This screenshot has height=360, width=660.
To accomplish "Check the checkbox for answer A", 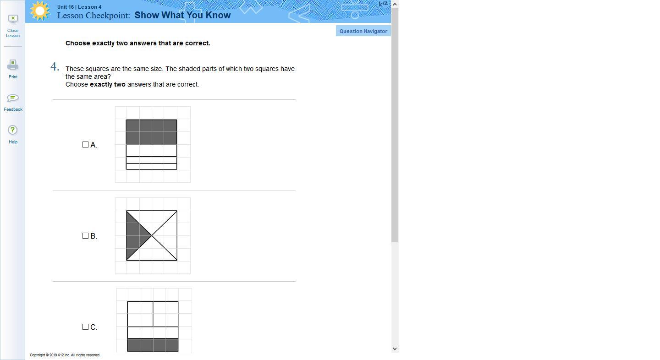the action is pyautogui.click(x=85, y=145).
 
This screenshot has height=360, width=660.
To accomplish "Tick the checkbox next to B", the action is pyautogui.click(x=85, y=235).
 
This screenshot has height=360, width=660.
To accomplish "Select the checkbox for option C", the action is pyautogui.click(x=85, y=327).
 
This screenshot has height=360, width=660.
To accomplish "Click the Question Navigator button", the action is pyautogui.click(x=363, y=31).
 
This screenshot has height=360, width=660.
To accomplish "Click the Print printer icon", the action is pyautogui.click(x=13, y=65).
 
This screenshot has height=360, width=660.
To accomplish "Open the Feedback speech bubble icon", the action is pyautogui.click(x=13, y=98).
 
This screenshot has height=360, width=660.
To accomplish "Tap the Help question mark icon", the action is pyautogui.click(x=13, y=130).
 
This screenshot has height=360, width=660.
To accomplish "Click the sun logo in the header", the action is pyautogui.click(x=40, y=11).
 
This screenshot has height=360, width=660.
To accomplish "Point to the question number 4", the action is pyautogui.click(x=55, y=67).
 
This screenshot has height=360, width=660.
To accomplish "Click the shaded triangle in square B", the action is pyautogui.click(x=135, y=235).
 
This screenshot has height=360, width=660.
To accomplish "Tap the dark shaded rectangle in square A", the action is pyautogui.click(x=151, y=132).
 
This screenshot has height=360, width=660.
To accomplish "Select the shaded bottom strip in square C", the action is pyautogui.click(x=153, y=345).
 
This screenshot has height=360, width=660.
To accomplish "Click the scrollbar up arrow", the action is pyautogui.click(x=395, y=4).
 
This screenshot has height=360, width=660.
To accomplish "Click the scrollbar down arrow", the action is pyautogui.click(x=395, y=349).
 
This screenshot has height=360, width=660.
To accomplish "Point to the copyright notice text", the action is pyautogui.click(x=65, y=355).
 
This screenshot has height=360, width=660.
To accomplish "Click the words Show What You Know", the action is pyautogui.click(x=182, y=15).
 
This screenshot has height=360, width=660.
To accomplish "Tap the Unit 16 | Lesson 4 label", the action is pyautogui.click(x=79, y=7).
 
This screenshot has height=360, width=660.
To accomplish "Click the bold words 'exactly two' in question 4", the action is pyautogui.click(x=108, y=84).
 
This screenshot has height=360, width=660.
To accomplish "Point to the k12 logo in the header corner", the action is pyautogui.click(x=383, y=4).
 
